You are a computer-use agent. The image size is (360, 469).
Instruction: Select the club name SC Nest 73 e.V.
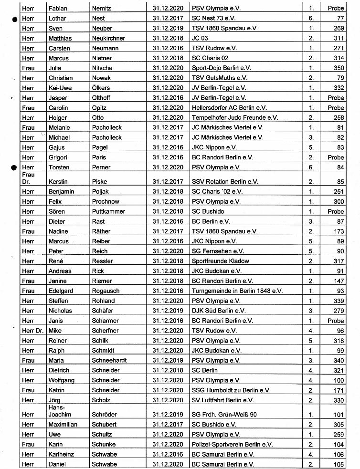pyautogui.click(x=214, y=19)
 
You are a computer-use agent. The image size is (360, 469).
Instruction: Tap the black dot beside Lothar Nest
pyautogui.click(x=15, y=19)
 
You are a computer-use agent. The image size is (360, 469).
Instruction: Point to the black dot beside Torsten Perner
pyautogui.click(x=15, y=167)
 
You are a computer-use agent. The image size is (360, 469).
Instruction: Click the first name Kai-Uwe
pyautogui.click(x=60, y=88)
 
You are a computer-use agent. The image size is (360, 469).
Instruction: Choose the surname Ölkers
pyautogui.click(x=101, y=88)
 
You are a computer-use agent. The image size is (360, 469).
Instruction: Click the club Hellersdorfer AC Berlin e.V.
pyautogui.click(x=229, y=108)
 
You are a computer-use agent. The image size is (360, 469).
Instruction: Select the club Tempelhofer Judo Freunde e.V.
pyautogui.click(x=234, y=118)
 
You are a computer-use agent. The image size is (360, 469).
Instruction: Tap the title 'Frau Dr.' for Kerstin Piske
pyautogui.click(x=28, y=178)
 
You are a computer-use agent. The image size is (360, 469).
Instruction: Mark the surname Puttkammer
pyautogui.click(x=108, y=211)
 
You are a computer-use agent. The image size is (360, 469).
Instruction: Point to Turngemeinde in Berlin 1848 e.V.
pyautogui.click(x=237, y=291)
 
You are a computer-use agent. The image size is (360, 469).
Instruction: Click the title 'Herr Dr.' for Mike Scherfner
pyautogui.click(x=30, y=330)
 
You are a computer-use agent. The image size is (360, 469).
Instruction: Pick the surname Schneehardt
pyautogui.click(x=109, y=360)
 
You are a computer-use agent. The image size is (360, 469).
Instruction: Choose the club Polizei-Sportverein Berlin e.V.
pyautogui.click(x=232, y=444)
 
